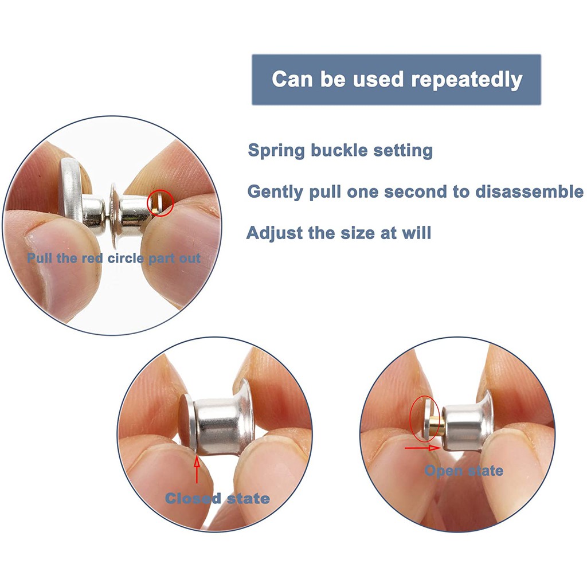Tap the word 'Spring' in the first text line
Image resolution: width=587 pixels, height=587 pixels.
tap(276, 151)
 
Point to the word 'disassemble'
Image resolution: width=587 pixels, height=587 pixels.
tap(529, 191)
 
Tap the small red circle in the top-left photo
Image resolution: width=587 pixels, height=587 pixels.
tap(161, 202)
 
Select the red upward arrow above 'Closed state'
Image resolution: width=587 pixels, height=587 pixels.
tap(197, 470)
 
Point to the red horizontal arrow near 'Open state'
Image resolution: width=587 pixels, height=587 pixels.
tap(422, 448)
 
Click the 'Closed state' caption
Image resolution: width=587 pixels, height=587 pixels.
tap(217, 498)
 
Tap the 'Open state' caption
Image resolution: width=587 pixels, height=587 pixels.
tap(464, 471)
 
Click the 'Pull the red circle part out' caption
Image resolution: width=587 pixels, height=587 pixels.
tap(114, 259)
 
